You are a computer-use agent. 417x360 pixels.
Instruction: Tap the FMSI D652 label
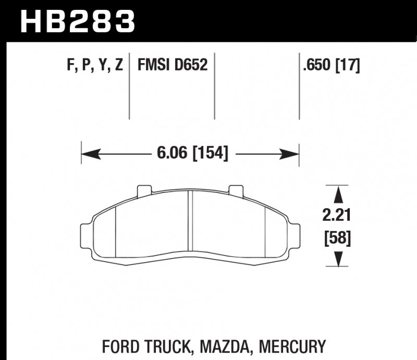click(x=173, y=66)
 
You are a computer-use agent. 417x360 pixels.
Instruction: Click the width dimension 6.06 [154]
click(x=192, y=154)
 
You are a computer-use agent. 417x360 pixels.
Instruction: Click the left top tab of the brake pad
click(x=143, y=191)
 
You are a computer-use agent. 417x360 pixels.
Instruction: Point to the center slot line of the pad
click(x=190, y=224)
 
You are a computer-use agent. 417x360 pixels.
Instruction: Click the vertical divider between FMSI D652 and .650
click(x=215, y=86)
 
